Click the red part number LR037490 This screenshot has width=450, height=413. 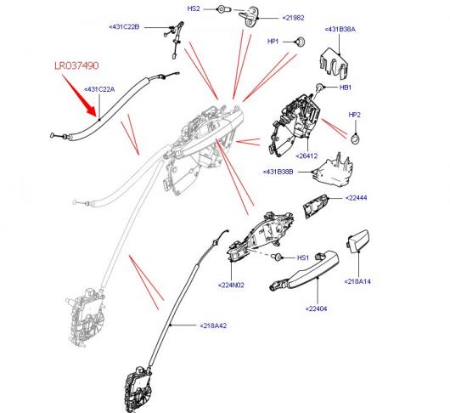click(76, 65)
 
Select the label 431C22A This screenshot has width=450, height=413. click(99, 89)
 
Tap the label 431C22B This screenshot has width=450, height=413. click(124, 27)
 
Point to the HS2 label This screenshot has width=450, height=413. click(194, 8)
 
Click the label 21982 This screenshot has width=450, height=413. click(293, 18)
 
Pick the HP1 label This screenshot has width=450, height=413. click(273, 42)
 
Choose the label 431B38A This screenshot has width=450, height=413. click(340, 29)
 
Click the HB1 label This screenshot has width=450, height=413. click(346, 88)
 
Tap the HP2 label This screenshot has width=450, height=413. click(354, 115)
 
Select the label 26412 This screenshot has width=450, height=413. click(307, 156)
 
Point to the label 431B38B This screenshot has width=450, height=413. click(278, 172)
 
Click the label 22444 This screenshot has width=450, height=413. click(356, 198)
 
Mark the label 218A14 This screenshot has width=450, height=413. click(357, 281)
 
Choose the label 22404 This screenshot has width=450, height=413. click(316, 308)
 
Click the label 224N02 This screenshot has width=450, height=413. click(231, 286)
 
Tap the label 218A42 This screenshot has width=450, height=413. click(213, 325)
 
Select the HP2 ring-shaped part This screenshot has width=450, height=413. click(355, 139)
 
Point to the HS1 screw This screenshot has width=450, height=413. click(276, 256)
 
